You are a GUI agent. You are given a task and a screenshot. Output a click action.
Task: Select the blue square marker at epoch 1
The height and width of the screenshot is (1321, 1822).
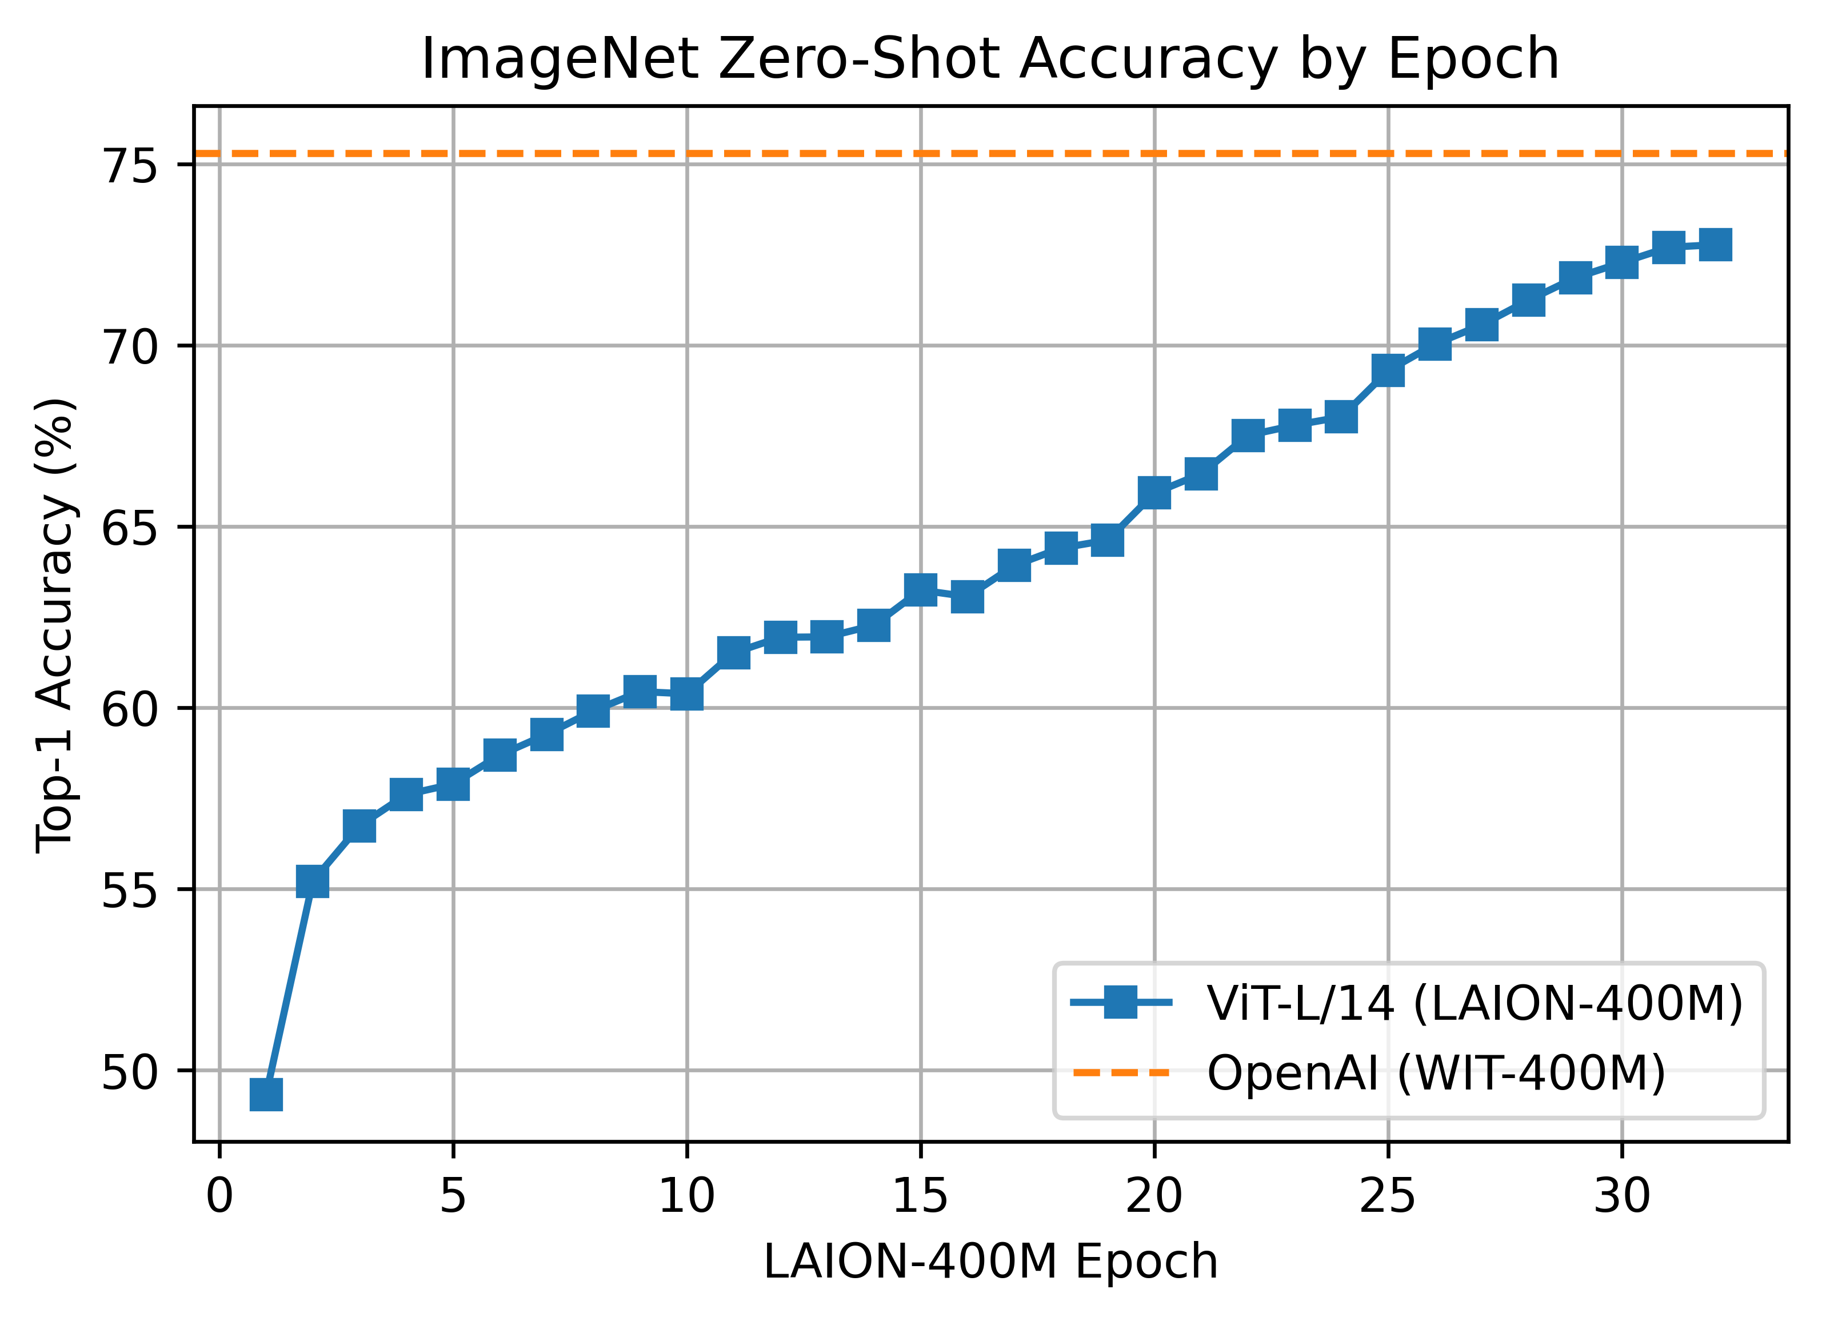(x=266, y=1095)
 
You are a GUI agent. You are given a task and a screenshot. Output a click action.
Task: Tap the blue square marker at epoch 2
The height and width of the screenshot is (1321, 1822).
(x=313, y=881)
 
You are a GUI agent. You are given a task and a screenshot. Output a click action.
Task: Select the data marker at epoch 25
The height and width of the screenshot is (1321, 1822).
(x=1388, y=370)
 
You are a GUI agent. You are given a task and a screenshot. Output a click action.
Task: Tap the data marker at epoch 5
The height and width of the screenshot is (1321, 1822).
(x=453, y=784)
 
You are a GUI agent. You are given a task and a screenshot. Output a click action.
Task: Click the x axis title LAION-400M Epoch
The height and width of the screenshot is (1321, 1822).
(x=990, y=1262)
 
